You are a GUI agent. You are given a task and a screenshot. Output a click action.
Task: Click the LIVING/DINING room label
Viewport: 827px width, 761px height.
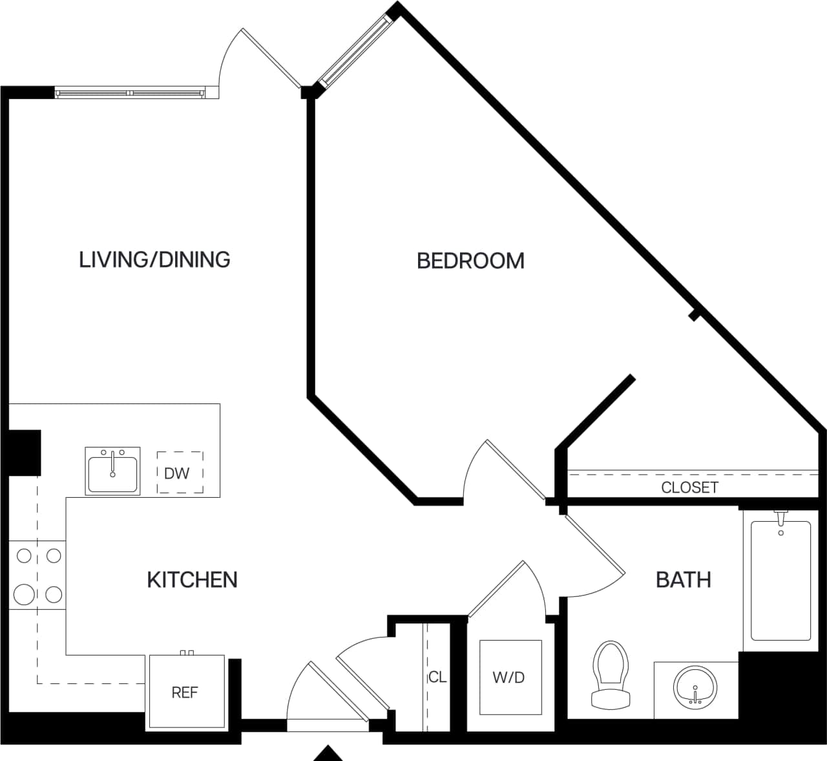pyautogui.click(x=154, y=259)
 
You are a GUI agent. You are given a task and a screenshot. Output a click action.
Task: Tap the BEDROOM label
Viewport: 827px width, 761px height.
pyautogui.click(x=470, y=261)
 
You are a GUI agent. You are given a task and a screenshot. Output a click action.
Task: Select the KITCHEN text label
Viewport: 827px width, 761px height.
pyautogui.click(x=192, y=579)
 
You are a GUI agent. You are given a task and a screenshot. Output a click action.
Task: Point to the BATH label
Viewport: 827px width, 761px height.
pyautogui.click(x=683, y=579)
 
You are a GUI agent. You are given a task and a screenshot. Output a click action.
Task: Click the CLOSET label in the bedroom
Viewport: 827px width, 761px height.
pyautogui.click(x=689, y=488)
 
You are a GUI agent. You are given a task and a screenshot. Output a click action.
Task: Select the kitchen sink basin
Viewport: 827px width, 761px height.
pyautogui.click(x=112, y=471)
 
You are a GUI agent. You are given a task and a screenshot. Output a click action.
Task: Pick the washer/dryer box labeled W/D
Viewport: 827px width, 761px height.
pyautogui.click(x=510, y=677)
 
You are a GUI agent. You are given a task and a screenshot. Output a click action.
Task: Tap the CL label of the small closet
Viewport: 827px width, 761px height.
pyautogui.click(x=437, y=677)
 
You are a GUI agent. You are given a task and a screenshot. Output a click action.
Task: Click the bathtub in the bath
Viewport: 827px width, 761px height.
pyautogui.click(x=780, y=580)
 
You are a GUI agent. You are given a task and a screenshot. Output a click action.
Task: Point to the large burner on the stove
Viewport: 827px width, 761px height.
pyautogui.click(x=25, y=594)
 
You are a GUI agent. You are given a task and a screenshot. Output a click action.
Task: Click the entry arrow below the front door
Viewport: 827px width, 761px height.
pyautogui.click(x=329, y=754)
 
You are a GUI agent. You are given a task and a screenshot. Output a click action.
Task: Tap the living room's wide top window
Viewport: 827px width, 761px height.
pyautogui.click(x=131, y=93)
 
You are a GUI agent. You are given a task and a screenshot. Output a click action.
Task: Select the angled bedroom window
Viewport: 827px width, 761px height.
pyautogui.click(x=356, y=51)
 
